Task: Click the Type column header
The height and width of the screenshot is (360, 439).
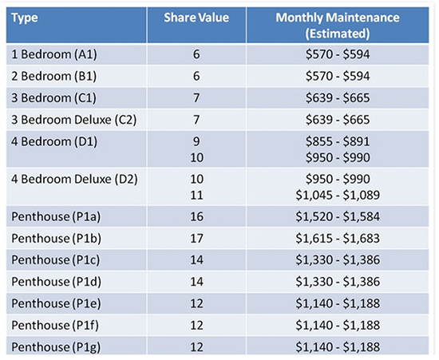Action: [25, 18]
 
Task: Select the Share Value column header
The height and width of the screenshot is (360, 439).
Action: [196, 18]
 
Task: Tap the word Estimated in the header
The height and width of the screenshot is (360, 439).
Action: [338, 34]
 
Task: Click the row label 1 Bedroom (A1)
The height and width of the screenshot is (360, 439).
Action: [54, 54]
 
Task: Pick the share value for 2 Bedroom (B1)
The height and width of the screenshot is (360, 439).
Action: [196, 76]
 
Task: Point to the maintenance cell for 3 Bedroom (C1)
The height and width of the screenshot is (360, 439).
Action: [338, 98]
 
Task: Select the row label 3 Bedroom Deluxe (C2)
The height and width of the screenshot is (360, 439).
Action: [74, 120]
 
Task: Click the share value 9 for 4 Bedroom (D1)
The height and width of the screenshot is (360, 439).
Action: [196, 141]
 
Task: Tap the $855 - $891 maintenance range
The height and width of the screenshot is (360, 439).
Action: [338, 141]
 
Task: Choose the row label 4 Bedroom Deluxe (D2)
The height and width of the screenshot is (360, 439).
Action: [74, 179]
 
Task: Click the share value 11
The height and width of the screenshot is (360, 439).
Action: [196, 195]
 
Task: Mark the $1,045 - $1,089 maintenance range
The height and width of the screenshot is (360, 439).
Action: [338, 195]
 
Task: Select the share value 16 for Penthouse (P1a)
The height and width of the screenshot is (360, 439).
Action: [196, 216]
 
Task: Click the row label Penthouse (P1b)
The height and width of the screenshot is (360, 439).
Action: [57, 239]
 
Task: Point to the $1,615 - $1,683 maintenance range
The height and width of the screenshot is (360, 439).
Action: [338, 239]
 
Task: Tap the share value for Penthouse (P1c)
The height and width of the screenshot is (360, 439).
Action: [196, 260]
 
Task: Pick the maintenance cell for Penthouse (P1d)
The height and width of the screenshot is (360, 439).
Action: [338, 282]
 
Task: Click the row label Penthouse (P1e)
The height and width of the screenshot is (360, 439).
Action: [56, 303]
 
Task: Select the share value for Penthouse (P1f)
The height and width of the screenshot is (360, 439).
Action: [196, 326]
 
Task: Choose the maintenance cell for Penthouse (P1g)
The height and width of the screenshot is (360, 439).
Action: [338, 347]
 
